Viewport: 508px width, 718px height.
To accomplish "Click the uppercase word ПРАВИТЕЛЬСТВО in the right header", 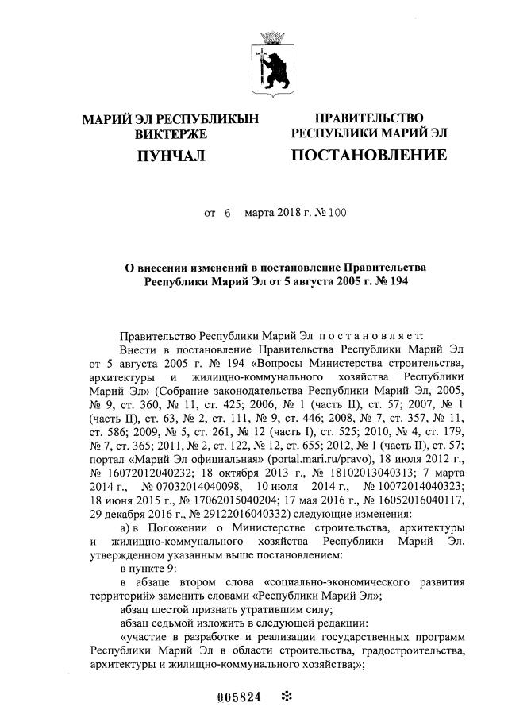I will [368, 118].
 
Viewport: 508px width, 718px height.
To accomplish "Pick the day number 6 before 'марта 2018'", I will [227, 213].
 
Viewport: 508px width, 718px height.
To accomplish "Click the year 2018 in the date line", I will [288, 213].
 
